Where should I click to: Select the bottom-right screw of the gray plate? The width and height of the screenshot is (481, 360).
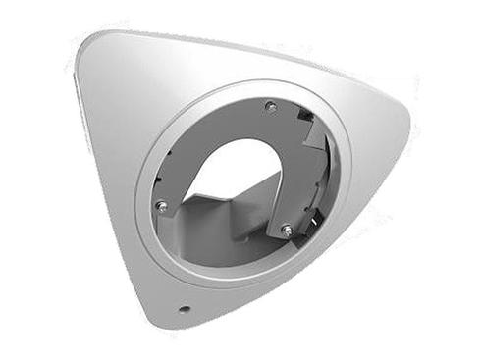[287, 230]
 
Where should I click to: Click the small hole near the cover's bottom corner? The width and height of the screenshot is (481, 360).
[184, 309]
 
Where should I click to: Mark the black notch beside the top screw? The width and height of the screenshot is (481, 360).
[305, 117]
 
